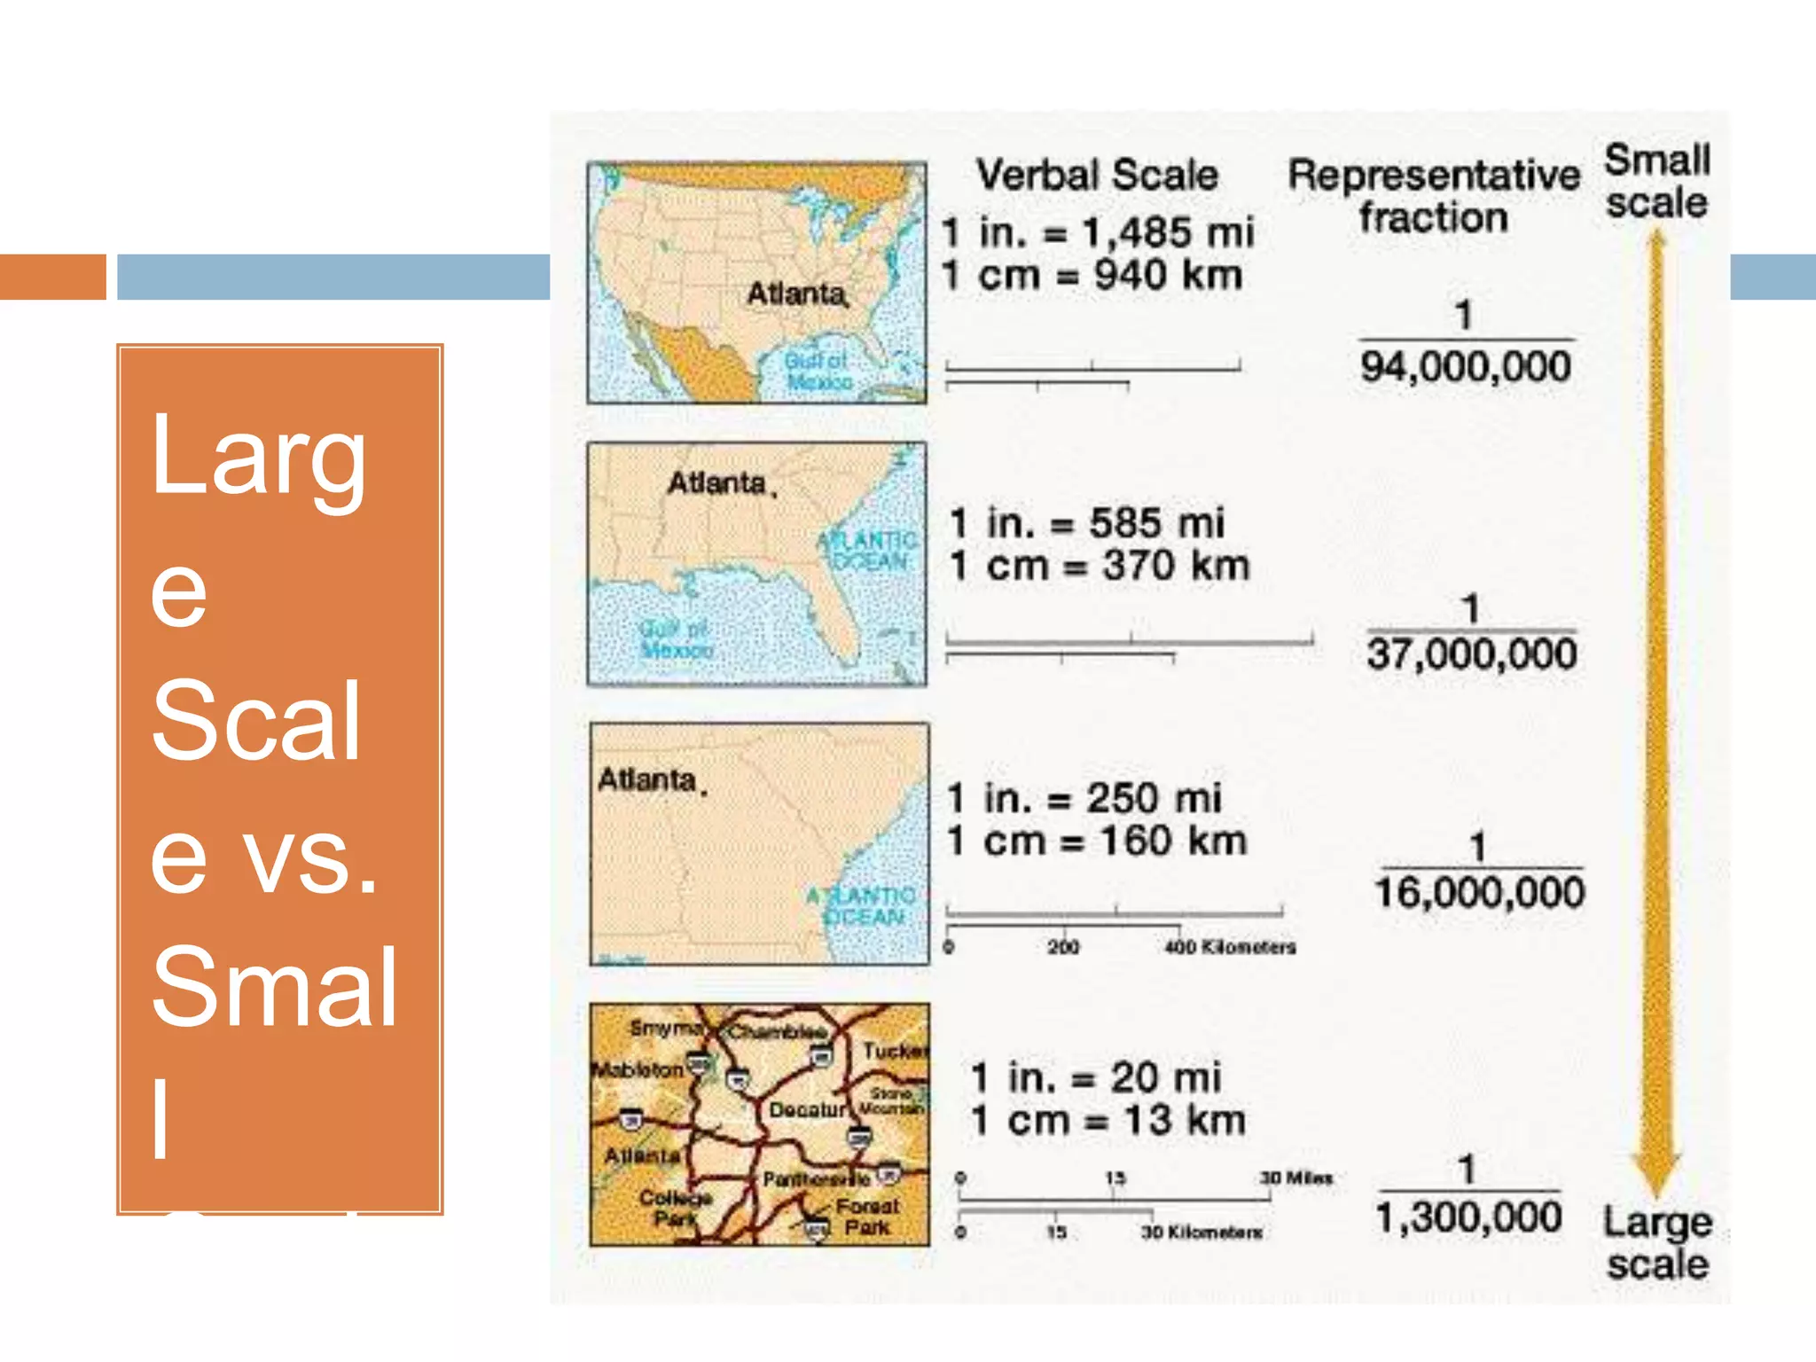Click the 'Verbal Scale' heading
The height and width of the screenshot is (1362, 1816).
(x=1097, y=175)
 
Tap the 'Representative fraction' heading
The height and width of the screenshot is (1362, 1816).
(x=1434, y=196)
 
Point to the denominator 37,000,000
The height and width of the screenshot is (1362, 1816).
(x=1472, y=654)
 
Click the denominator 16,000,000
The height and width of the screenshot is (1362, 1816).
(x=1479, y=892)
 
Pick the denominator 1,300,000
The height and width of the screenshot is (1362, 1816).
(x=1468, y=1217)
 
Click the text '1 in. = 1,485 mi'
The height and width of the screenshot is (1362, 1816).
(x=1098, y=232)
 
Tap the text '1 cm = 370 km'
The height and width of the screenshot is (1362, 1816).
(x=1100, y=566)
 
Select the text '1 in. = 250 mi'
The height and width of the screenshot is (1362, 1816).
(x=1084, y=798)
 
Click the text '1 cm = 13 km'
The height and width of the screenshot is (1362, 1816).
(x=1108, y=1121)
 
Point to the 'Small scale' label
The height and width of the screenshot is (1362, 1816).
(x=1656, y=182)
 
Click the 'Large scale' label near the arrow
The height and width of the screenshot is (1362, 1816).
(x=1657, y=1243)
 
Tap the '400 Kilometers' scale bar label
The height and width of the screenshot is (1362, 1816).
(x=1230, y=948)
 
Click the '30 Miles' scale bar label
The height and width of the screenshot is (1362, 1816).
(x=1296, y=1178)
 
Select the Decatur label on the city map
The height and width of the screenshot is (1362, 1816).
(x=808, y=1110)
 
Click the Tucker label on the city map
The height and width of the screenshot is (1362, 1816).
(x=895, y=1052)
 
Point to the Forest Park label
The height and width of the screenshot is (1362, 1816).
(x=866, y=1217)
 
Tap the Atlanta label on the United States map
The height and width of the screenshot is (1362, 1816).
(x=796, y=294)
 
